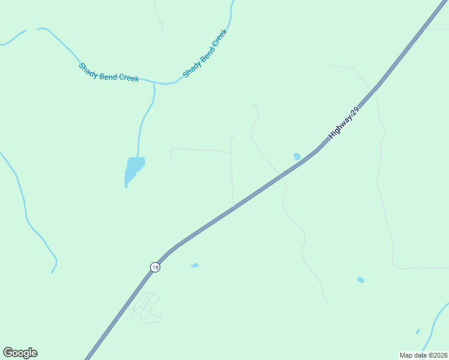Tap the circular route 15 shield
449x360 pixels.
(155, 267)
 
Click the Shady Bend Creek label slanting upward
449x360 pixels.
(205, 53)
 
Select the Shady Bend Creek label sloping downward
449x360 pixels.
(109, 73)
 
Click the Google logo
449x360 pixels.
(20, 353)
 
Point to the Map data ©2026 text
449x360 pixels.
(424, 355)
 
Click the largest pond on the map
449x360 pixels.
(134, 168)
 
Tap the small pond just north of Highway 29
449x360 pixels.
(297, 157)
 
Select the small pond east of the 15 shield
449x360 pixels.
(194, 265)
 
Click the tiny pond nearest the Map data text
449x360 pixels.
(418, 331)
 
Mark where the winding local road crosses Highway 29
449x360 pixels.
(280, 176)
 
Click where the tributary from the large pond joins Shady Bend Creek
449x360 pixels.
(154, 83)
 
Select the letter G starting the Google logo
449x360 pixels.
(8, 353)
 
